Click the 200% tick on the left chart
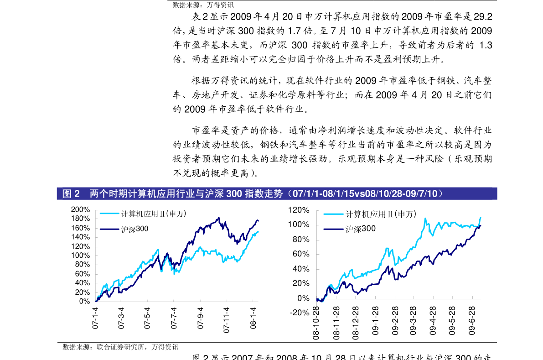tap(81, 209)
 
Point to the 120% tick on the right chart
tap(299, 210)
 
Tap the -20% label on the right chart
tap(299, 313)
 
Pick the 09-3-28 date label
tap(414, 321)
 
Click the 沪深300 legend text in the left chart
tap(134, 229)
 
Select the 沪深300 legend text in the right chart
tap(360, 229)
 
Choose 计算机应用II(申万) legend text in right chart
tap(381, 214)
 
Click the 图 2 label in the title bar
tap(71, 194)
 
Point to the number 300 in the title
tap(233, 194)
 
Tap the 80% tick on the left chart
tap(82, 265)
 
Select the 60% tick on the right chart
tap(301, 254)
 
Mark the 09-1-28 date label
tap(375, 321)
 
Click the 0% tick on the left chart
tap(84, 301)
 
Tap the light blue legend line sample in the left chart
tap(109, 214)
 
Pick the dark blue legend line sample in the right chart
tap(334, 229)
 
